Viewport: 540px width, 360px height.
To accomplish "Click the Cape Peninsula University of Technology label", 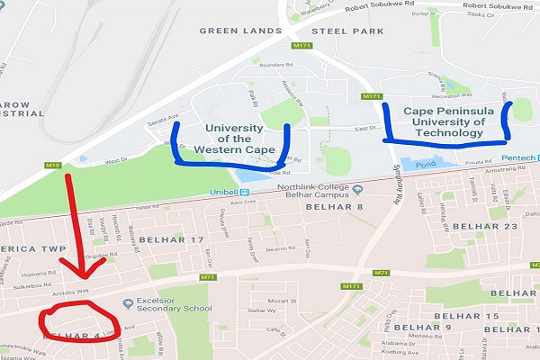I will (x=443, y=121).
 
